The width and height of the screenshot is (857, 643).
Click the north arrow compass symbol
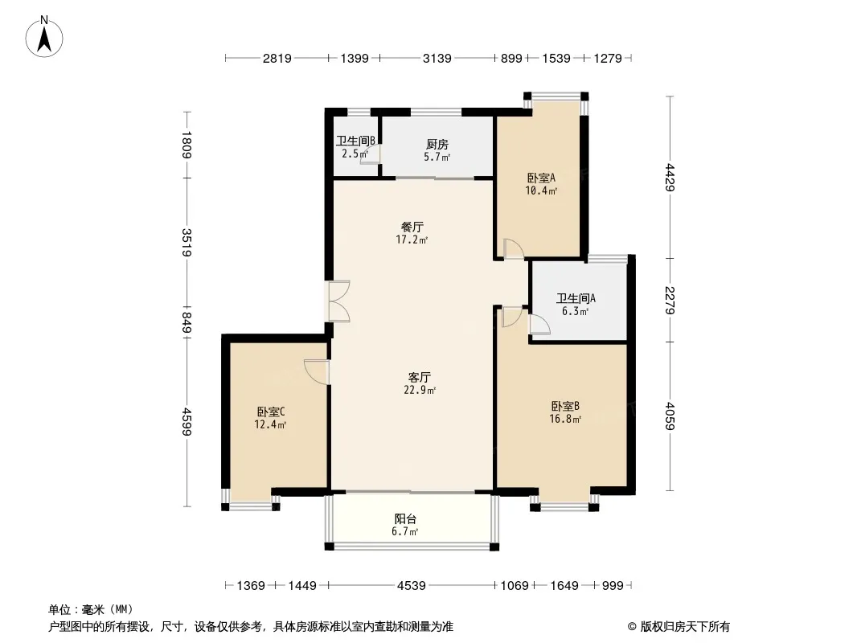tap(44, 37)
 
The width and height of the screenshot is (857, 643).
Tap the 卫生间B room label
tap(355, 141)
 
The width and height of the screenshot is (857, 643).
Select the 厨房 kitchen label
tap(437, 144)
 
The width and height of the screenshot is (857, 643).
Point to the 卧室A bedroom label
tap(541, 178)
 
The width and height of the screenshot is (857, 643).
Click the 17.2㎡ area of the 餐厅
tap(412, 240)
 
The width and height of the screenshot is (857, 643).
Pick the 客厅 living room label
tap(420, 377)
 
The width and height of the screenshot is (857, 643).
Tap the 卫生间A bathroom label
tap(576, 298)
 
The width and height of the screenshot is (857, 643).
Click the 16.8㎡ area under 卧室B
tap(565, 419)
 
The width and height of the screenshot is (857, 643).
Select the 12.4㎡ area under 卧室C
tap(271, 424)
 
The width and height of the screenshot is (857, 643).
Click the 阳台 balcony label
tap(405, 519)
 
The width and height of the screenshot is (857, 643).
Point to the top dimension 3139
tap(437, 58)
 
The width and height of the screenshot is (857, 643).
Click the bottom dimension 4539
tap(411, 586)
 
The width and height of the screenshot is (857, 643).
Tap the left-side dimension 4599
tap(187, 421)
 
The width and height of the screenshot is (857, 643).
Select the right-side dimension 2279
tap(670, 301)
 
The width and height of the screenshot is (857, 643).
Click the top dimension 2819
tap(277, 58)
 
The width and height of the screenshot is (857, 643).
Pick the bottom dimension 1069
tap(515, 586)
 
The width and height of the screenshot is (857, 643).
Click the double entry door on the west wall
tap(338, 301)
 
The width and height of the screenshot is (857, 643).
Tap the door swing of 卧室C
tap(317, 371)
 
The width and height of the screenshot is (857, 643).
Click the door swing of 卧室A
tap(513, 248)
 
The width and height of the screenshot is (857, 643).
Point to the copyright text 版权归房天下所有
tap(685, 627)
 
